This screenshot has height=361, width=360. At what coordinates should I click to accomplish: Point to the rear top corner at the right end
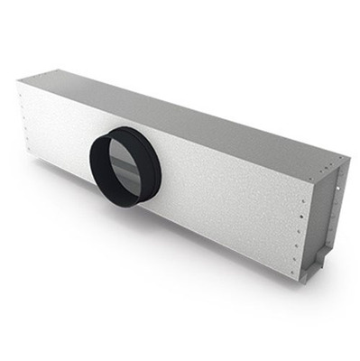[x=347, y=153]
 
